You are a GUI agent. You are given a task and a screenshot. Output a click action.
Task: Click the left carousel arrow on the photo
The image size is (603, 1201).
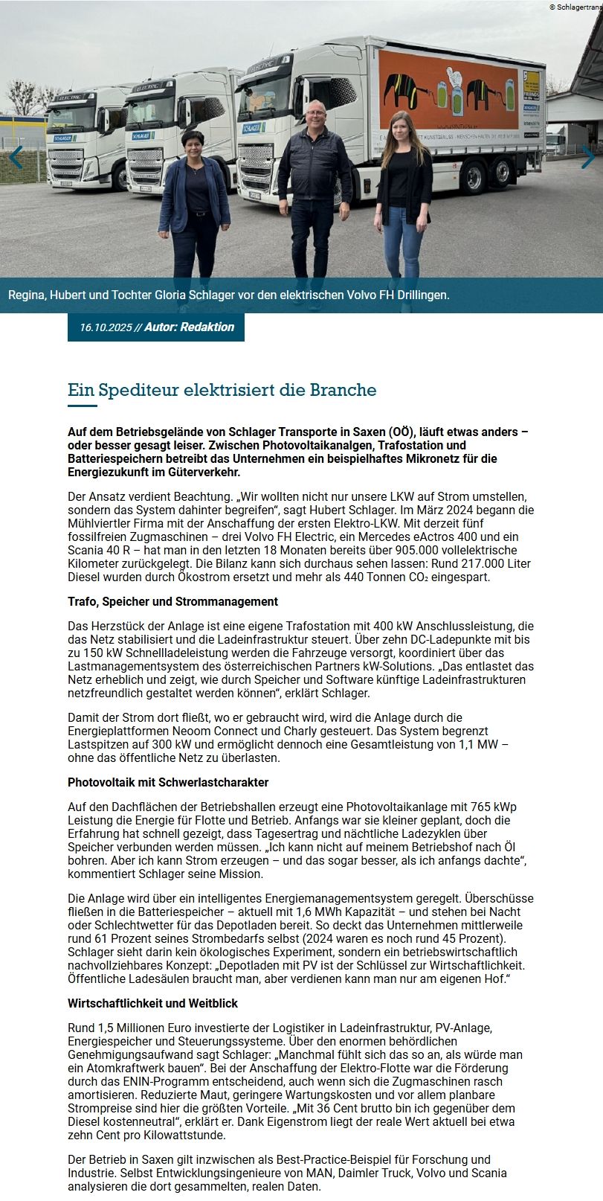(x=16, y=157)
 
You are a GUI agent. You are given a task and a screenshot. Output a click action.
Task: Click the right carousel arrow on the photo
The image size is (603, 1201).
(x=587, y=157)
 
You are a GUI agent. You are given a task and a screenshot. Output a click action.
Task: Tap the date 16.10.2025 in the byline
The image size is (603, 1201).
(x=106, y=327)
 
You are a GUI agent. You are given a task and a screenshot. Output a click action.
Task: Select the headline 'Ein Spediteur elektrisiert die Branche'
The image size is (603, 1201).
(x=222, y=390)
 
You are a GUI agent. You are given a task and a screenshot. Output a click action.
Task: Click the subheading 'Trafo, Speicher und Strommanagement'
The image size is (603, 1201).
(x=172, y=601)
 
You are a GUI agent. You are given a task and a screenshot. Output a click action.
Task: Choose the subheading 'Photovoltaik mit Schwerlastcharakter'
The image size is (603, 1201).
(x=168, y=782)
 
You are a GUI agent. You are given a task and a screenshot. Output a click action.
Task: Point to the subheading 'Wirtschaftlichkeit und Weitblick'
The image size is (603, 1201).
(x=153, y=1003)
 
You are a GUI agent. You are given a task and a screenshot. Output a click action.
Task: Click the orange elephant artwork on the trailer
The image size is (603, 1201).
(x=448, y=89)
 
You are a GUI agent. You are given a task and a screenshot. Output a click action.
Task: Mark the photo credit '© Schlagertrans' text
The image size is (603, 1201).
(x=575, y=7)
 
